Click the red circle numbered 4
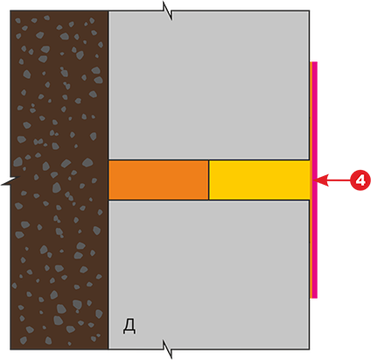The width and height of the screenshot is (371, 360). click(x=360, y=180)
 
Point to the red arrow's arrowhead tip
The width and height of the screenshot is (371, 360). click(x=314, y=180)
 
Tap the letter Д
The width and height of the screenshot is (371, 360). click(x=129, y=326)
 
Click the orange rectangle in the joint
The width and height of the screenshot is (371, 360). click(x=158, y=180)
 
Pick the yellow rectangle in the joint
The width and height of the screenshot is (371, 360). click(x=259, y=180)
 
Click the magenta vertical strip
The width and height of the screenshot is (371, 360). click(x=314, y=180)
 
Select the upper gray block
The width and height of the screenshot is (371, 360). click(x=209, y=85)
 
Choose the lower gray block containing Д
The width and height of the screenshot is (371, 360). click(x=209, y=275)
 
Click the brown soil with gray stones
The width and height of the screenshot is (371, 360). click(x=59, y=180)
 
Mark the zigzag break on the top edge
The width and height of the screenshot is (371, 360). click(x=168, y=11)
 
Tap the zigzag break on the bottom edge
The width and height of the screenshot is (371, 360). click(x=168, y=349)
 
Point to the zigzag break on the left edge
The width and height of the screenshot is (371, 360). click(x=10, y=180)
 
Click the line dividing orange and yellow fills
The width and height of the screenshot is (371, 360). click(x=209, y=180)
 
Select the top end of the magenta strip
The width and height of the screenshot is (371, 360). click(x=314, y=62)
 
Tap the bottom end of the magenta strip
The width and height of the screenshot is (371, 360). click(x=314, y=298)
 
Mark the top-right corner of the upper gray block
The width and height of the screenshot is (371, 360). click(x=310, y=11)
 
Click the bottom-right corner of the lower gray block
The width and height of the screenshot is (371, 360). click(x=310, y=349)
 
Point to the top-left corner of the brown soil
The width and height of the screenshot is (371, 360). click(x=10, y=11)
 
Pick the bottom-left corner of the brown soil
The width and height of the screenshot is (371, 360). click(x=10, y=349)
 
